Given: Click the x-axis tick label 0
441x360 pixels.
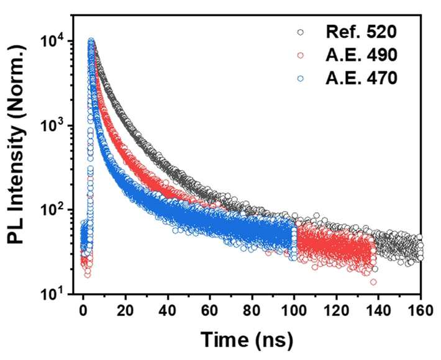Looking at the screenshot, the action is [x=83, y=311].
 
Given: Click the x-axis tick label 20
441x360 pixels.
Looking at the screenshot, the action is [x=125, y=311].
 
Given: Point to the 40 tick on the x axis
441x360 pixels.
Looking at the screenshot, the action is [x=168, y=311].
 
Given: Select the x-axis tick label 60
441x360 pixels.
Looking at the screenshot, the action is [x=210, y=311].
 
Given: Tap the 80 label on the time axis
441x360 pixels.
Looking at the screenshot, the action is [x=252, y=311].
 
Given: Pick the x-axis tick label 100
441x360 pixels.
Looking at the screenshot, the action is [x=294, y=311].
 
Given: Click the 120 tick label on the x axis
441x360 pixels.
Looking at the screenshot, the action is [x=337, y=311].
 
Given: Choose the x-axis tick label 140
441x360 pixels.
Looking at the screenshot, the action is [x=378, y=311].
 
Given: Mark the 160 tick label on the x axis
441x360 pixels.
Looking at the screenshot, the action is [x=421, y=311].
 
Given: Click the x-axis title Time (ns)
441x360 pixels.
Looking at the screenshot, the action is [x=247, y=340].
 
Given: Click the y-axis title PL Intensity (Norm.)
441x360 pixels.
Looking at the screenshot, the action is [x=17, y=144].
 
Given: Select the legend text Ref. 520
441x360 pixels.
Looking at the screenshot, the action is [x=361, y=32].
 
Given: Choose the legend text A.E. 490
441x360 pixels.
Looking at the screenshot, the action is [x=361, y=55].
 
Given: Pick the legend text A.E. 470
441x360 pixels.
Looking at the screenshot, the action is [x=361, y=78].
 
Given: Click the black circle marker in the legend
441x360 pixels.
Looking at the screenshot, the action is [x=301, y=32].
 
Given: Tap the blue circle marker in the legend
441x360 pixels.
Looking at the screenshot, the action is [x=301, y=78].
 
